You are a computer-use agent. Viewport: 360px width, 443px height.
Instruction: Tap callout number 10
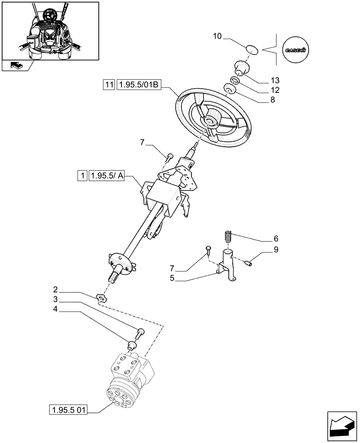217,36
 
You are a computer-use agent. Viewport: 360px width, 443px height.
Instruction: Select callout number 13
275,80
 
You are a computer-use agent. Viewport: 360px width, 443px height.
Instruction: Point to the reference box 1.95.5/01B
137,84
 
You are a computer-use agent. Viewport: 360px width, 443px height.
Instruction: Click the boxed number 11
109,84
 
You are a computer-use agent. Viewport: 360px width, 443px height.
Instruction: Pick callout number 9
276,250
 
